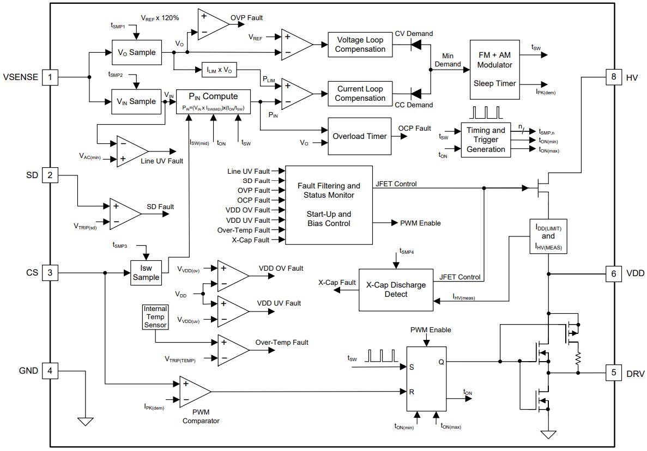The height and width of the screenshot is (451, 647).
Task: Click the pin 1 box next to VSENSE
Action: [x=50, y=77]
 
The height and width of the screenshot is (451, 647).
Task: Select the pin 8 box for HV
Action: [x=613, y=77]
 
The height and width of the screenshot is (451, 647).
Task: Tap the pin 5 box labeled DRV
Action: [x=613, y=373]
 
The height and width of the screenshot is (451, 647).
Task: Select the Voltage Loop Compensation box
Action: [x=360, y=45]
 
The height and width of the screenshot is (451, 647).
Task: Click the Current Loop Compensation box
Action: [x=360, y=94]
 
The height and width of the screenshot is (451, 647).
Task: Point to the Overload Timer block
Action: [x=359, y=136]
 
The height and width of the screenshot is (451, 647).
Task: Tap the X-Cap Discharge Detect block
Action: [x=396, y=289]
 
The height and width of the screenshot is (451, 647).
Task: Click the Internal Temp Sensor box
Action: [x=155, y=317]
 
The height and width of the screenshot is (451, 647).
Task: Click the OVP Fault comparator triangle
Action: [x=213, y=25]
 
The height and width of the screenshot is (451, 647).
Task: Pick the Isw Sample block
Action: [x=146, y=272]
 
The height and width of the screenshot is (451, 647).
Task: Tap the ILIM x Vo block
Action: [x=220, y=70]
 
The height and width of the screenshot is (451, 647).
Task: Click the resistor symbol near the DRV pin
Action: [x=578, y=358]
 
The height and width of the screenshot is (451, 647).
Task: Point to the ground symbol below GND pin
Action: [x=86, y=421]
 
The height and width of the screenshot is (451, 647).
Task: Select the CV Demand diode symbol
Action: [x=418, y=45]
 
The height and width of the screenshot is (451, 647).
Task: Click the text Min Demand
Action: [x=448, y=60]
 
